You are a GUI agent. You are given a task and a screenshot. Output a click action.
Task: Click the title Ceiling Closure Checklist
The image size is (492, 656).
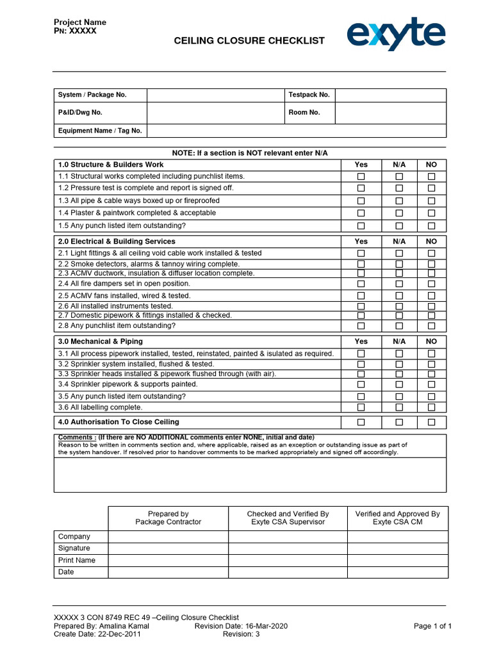pos(249,41)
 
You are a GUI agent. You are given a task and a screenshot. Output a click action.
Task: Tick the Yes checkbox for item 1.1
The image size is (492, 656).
pos(361,176)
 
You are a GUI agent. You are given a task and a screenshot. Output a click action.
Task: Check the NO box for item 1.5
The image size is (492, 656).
pos(431,226)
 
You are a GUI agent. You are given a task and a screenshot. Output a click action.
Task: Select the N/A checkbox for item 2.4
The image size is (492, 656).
pos(399,284)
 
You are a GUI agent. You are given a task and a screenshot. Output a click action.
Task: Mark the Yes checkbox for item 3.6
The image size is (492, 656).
pos(361,407)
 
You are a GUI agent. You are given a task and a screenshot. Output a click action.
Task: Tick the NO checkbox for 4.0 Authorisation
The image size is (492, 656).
pos(431,422)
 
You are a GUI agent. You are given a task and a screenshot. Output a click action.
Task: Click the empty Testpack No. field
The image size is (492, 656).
pos(390,95)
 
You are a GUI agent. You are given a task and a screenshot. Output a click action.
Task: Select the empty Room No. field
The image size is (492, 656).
pos(390,113)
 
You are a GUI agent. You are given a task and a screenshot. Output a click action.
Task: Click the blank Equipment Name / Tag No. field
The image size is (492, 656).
pos(296,131)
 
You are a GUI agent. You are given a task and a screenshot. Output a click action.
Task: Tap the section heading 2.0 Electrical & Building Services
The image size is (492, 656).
pos(117,242)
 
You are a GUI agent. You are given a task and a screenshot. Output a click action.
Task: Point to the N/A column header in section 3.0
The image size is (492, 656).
pos(399,341)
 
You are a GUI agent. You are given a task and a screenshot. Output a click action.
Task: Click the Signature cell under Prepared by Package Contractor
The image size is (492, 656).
pos(168,548)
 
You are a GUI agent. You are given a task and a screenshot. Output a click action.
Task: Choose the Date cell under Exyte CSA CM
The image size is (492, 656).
pos(397,572)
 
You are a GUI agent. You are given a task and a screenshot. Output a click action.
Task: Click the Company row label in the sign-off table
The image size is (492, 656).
pos(74,536)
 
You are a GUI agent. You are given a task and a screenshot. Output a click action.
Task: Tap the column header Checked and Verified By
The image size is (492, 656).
pos(288,514)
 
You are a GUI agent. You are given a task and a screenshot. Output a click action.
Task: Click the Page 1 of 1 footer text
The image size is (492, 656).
pos(432,626)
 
